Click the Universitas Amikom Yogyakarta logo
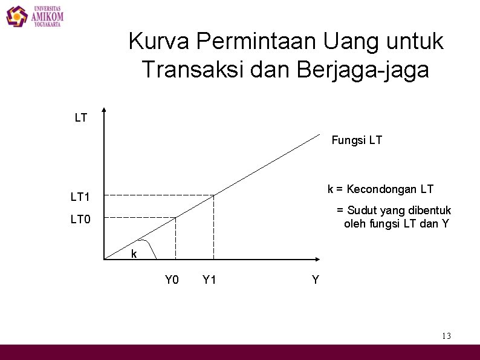click(35, 16)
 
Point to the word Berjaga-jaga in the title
click(363, 70)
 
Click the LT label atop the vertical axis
click(81, 118)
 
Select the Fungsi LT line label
click(357, 140)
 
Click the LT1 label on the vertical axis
click(80, 197)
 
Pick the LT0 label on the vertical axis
click(80, 219)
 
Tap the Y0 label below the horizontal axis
click(172, 280)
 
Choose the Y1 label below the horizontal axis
click(210, 280)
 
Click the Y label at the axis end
click(315, 280)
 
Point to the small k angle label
click(134, 254)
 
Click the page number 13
click(446, 336)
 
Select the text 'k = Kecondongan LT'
click(380, 189)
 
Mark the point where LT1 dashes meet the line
click(214, 195)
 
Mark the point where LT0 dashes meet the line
click(176, 217)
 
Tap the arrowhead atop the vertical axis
click(104, 111)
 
